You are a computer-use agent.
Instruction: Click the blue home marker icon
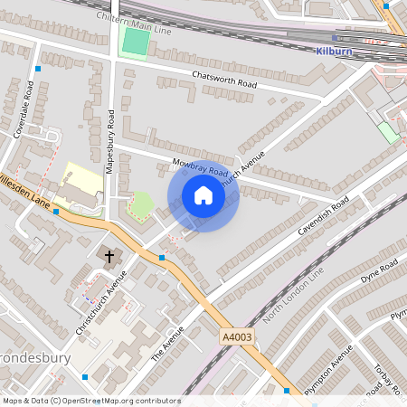(203, 195)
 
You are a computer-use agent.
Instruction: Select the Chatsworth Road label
(224, 79)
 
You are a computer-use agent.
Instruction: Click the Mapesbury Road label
(109, 141)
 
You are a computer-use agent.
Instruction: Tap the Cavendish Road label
(323, 217)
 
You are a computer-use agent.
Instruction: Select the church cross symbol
(110, 257)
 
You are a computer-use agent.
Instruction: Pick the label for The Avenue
(167, 343)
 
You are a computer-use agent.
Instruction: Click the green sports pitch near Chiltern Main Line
(136, 42)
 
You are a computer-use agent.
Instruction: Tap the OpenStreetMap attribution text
(91, 401)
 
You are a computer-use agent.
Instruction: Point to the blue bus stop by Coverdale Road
(37, 69)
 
